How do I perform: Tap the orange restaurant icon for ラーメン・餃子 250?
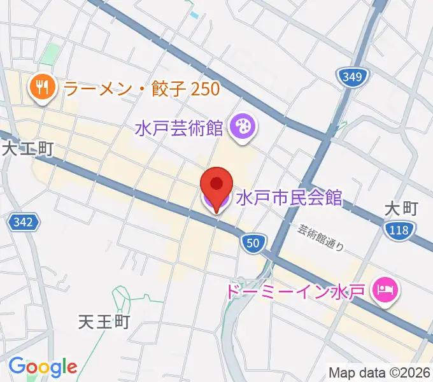[x=43, y=88]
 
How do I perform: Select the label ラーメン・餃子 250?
[x=142, y=88]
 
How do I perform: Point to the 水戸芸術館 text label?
[x=179, y=128]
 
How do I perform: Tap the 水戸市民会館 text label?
[x=289, y=197]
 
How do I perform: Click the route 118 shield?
[x=399, y=232]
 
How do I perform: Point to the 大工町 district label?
[x=27, y=149]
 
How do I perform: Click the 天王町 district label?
[x=104, y=321]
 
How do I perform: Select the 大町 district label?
[x=401, y=209]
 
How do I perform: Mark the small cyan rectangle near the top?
[x=194, y=15]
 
